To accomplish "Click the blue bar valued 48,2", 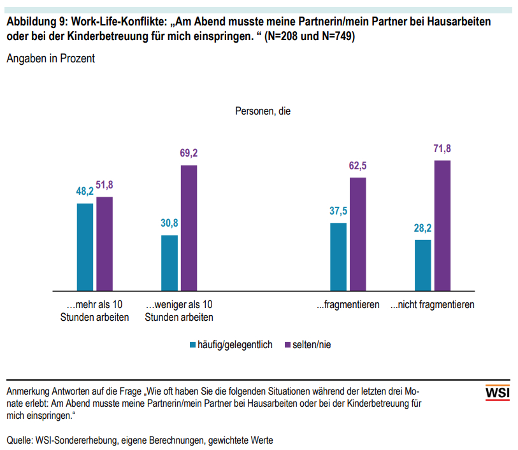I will point(85,247).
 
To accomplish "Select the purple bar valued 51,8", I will point(104,244).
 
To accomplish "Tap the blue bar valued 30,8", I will point(169,263).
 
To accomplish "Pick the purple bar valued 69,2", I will point(189,228).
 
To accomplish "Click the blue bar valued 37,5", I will point(338,257).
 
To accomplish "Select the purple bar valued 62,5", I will point(358,234).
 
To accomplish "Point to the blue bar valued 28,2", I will point(423,265).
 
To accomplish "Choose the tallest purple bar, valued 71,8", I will point(443,225).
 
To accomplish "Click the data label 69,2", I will point(189,154).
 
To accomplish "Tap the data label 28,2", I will point(423,228).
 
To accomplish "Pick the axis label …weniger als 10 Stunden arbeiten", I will point(179,311).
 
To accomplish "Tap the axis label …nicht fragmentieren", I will point(433,305).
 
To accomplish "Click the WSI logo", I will point(497,393).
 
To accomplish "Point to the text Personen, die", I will point(263,111).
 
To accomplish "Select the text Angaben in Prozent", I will point(50,59).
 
